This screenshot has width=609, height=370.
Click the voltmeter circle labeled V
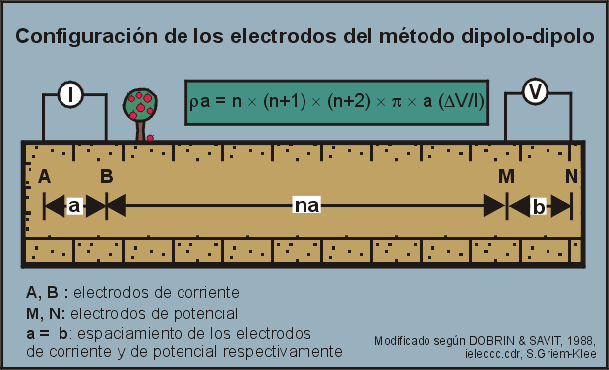[x=536, y=92]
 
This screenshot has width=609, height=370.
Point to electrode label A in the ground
[x=44, y=176]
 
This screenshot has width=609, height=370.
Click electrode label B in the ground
[x=106, y=176]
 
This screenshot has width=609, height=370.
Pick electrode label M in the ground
[x=506, y=176]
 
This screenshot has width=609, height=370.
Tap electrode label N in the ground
[x=571, y=176]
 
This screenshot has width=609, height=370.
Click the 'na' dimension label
[x=306, y=205]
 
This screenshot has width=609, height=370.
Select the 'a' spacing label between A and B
[x=74, y=205]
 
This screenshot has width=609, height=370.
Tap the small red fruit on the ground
[x=150, y=138]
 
